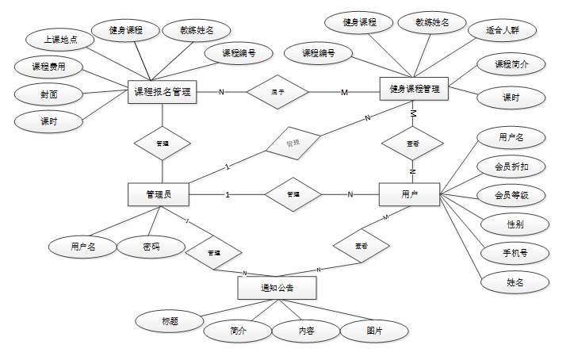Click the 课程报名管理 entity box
(x=162, y=92)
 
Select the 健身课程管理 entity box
(x=414, y=90)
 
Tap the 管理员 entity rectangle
(x=157, y=194)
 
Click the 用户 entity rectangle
(x=409, y=194)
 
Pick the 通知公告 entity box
(x=277, y=287)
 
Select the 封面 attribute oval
(x=48, y=94)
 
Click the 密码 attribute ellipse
(x=151, y=247)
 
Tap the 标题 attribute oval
(x=169, y=321)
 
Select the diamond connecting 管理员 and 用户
(x=293, y=194)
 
